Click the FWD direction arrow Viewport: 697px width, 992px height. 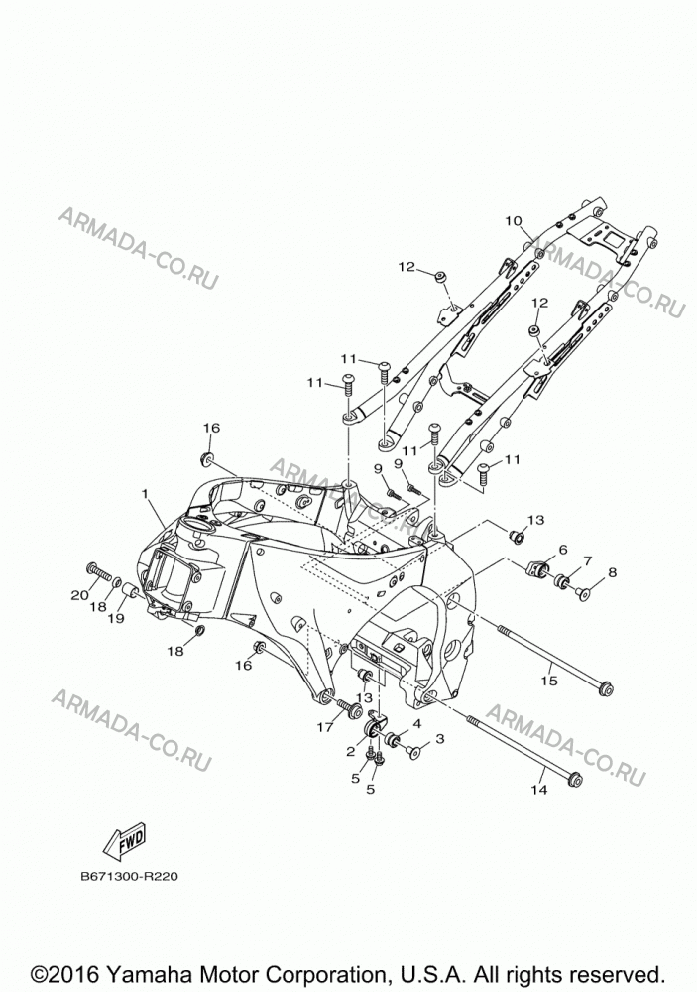(x=125, y=841)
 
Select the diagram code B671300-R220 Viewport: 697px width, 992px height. (x=129, y=877)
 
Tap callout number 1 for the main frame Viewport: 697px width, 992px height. (x=145, y=493)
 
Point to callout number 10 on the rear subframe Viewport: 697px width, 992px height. (x=513, y=221)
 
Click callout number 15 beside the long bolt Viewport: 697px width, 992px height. (x=549, y=681)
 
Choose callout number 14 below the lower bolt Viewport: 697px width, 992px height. (x=539, y=790)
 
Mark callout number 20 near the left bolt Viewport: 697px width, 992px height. (x=79, y=595)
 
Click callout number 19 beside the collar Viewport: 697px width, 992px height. (x=116, y=618)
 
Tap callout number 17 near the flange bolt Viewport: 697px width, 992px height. (x=325, y=727)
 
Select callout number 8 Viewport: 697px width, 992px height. (x=612, y=572)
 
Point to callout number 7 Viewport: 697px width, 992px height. (x=588, y=560)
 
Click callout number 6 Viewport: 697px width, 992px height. (x=563, y=550)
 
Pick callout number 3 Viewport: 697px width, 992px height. (x=440, y=738)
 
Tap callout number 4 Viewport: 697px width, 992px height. (x=416, y=723)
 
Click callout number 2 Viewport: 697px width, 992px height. (x=350, y=752)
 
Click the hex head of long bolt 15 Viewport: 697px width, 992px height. (x=605, y=687)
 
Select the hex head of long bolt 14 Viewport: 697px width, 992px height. (x=575, y=779)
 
